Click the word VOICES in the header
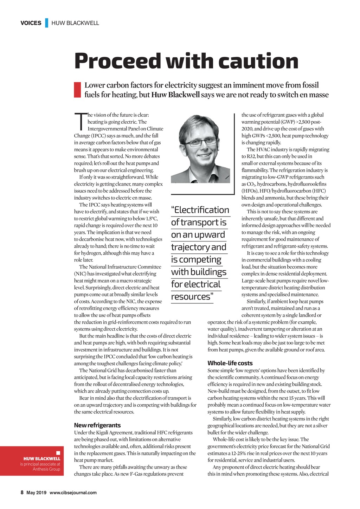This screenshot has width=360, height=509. coord(31,23)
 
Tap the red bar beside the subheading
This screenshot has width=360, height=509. coord(77,90)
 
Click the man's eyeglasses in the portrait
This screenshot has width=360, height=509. coord(200,142)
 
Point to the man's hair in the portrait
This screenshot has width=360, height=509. coord(197,125)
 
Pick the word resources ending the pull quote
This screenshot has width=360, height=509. coord(192,297)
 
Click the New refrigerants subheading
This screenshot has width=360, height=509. coord(97,425)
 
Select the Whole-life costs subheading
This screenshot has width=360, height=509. coord(230,363)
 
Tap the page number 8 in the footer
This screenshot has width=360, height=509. coord(22,492)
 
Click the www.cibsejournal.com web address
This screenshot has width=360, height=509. coord(73,492)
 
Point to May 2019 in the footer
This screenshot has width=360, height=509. coord(36,492)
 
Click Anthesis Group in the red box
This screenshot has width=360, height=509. coord(46,469)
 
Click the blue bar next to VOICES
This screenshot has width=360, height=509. coord(46,23)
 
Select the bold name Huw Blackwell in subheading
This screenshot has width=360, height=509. coord(175,95)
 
